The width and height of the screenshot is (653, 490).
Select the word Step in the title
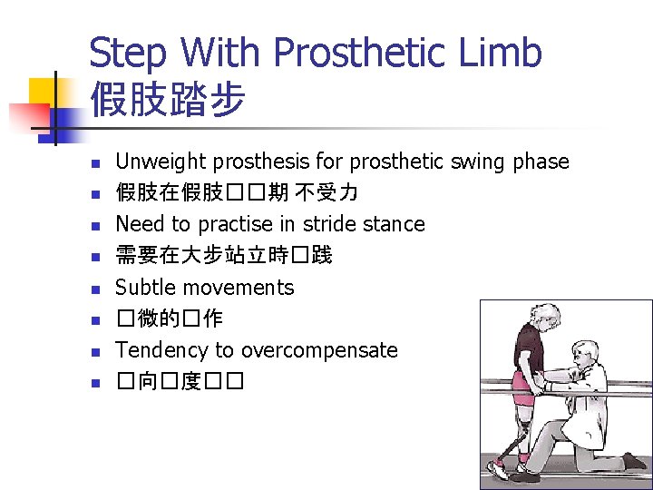[130, 54]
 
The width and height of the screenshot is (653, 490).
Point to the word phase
[541, 162]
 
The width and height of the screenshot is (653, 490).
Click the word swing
[477, 162]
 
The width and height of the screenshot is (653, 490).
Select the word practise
[230, 224]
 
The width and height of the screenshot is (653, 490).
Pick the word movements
[238, 288]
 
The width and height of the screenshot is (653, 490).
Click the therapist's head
[588, 354]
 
